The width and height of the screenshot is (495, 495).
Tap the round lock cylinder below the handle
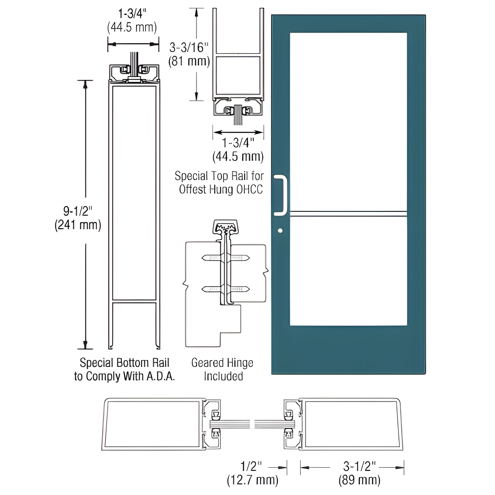tap(280, 231)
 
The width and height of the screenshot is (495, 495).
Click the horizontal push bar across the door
tap(348, 214)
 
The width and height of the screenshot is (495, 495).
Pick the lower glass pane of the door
tap(348, 271)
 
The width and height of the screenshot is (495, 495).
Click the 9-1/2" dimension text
tap(78, 211)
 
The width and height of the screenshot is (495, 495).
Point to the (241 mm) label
tap(78, 225)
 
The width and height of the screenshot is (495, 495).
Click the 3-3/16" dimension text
tap(189, 47)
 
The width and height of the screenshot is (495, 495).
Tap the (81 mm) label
tap(189, 61)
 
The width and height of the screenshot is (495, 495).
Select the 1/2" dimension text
tap(251, 466)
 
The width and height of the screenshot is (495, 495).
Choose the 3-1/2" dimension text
tap(359, 466)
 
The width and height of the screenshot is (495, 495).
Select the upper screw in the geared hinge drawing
tap(225, 257)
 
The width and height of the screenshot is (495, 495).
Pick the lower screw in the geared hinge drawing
tap(225, 289)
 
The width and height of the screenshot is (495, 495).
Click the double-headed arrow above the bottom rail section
tap(133, 44)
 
